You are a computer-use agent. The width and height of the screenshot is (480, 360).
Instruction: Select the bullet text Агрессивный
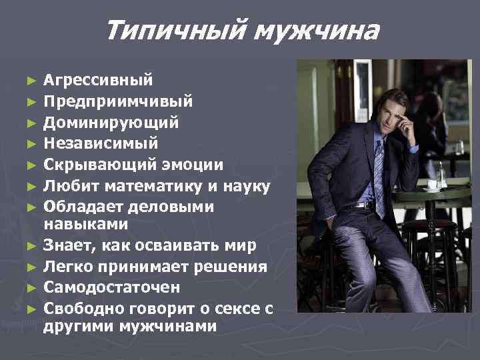click(x=97, y=81)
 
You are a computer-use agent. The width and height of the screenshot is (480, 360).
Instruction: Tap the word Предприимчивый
click(x=119, y=102)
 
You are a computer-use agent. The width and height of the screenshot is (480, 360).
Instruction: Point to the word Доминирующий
click(x=111, y=123)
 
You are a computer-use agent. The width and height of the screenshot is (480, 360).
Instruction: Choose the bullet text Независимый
click(x=101, y=143)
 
